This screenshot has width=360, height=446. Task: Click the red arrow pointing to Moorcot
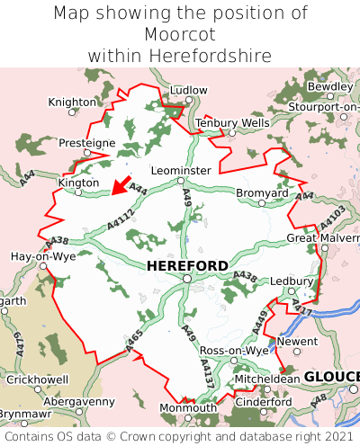(117, 185)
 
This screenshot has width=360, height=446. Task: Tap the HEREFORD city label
(187, 266)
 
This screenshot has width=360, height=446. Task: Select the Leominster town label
(181, 170)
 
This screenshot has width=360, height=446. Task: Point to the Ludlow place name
(188, 91)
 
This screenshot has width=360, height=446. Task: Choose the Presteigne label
(86, 143)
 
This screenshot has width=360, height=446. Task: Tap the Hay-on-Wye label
(42, 256)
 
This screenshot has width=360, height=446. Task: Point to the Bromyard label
(262, 192)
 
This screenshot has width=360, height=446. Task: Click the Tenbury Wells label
(232, 122)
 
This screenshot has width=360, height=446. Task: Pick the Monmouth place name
(188, 407)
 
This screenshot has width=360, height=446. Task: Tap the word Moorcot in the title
(180, 34)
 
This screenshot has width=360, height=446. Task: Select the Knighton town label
(71, 103)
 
